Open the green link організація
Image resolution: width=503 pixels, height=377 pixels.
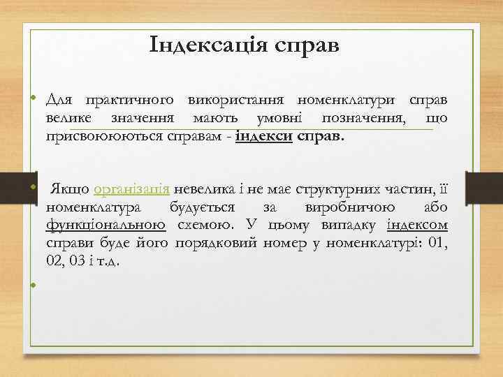click(131, 189)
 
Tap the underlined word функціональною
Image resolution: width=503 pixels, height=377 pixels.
click(105, 226)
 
